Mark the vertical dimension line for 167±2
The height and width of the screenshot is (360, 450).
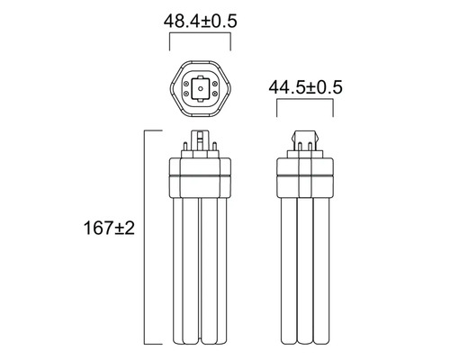pyautogui.click(x=147, y=238)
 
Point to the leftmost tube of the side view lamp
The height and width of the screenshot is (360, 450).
pyautogui.click(x=285, y=270)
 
